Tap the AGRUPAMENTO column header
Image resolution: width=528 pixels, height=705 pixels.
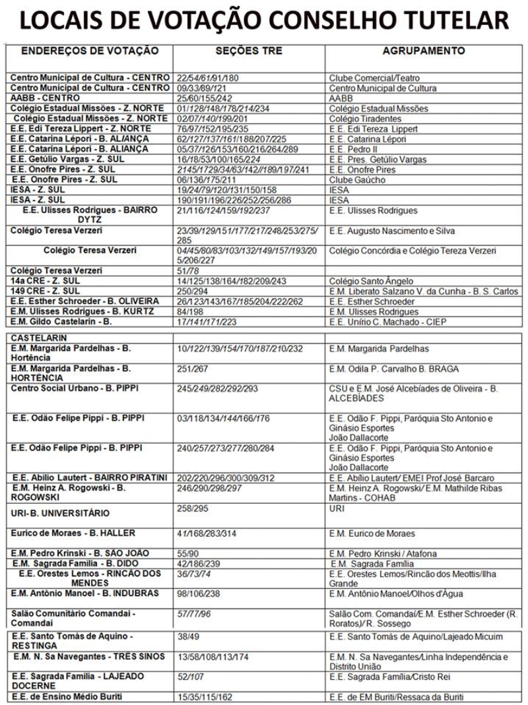coord(424,51)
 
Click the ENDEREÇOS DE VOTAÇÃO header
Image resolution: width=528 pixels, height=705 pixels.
coord(90,51)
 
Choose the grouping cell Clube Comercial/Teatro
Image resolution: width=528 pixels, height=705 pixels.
coord(374,78)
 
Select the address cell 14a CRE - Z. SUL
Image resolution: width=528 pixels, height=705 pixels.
coord(46,281)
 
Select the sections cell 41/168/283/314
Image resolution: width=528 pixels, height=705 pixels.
coord(207,534)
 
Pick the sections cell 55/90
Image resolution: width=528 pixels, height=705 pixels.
coord(188,553)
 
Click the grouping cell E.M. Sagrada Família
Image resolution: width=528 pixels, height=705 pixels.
coord(373,564)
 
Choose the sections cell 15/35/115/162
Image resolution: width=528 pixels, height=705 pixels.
coord(205,697)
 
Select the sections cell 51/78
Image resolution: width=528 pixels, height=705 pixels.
coord(188,270)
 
